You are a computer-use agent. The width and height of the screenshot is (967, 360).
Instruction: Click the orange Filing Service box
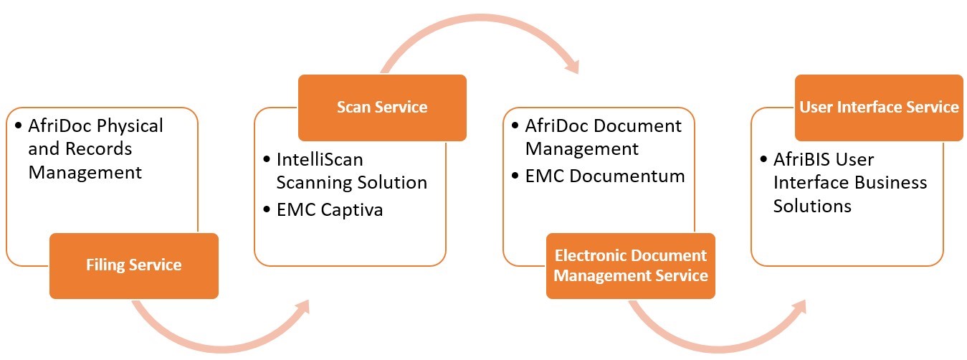point(133,265)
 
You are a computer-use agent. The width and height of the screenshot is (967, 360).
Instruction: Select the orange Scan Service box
point(382,108)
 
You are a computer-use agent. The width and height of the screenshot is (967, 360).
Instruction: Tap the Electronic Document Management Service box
point(631,265)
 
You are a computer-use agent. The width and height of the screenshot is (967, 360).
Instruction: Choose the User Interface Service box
point(879,108)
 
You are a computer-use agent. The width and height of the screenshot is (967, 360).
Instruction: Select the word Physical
point(128,126)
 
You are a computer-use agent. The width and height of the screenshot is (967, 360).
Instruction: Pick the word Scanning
point(312,182)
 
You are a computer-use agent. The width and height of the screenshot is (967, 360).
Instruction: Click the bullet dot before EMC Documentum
point(515,176)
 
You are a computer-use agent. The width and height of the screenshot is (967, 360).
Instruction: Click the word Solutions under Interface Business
point(812,206)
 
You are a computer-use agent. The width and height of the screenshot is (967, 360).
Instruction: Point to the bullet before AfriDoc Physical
point(18,126)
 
